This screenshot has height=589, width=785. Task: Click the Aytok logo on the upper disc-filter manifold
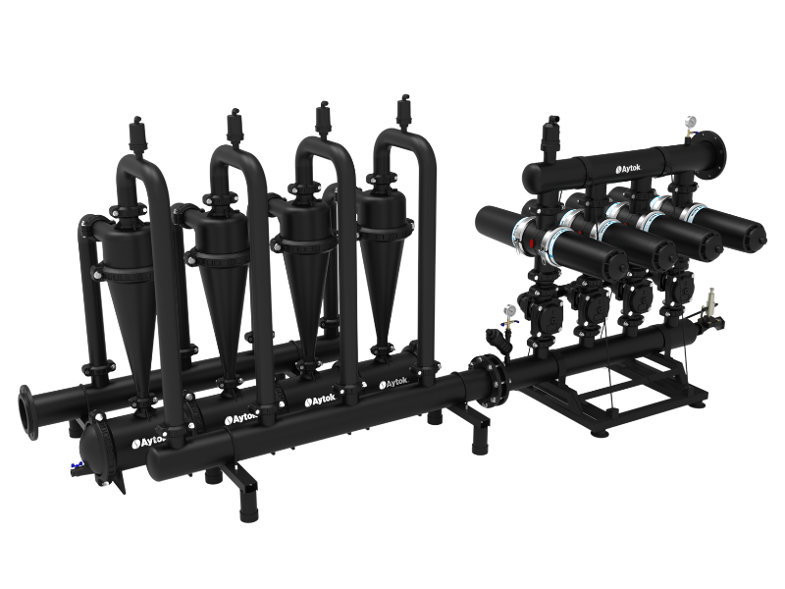628,169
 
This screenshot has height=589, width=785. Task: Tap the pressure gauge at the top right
692,121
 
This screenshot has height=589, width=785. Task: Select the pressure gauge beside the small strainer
509,311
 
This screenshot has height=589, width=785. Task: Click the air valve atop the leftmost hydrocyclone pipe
136,134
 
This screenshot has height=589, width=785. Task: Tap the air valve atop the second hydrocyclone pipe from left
234,127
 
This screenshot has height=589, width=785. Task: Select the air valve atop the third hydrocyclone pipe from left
323,121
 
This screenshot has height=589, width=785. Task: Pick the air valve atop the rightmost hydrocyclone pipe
403,113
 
